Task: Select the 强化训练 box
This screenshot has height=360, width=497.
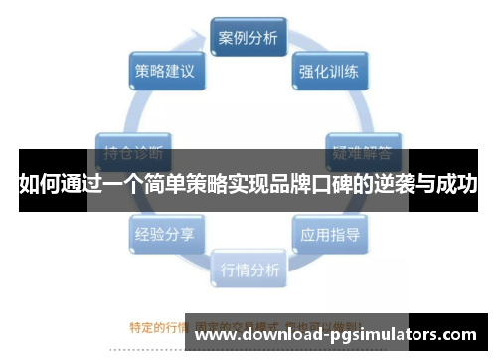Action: click(329, 72)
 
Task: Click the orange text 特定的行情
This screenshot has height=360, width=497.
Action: click(158, 326)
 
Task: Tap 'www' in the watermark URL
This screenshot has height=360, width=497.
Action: click(216, 335)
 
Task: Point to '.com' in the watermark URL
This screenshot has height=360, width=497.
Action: click(459, 335)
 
